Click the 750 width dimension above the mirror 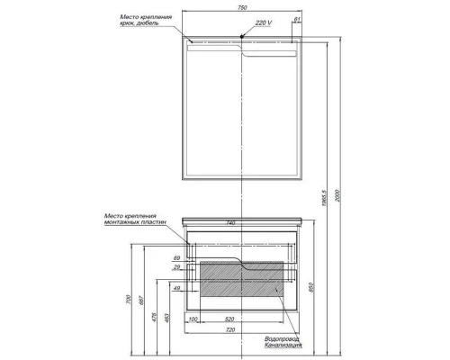pos(242,8)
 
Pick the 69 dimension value pos(176,258)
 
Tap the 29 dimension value pos(176,268)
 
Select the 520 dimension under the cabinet pos(230,319)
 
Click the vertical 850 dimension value pos(312,286)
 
